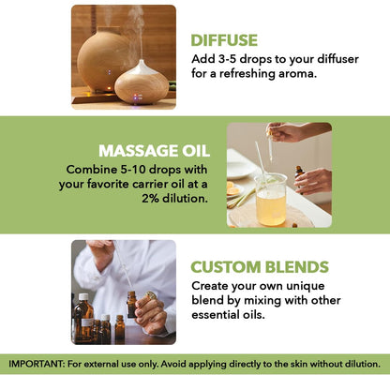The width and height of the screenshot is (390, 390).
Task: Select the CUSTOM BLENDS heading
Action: point(259,266)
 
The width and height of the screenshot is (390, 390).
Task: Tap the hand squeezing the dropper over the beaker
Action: point(286,131)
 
